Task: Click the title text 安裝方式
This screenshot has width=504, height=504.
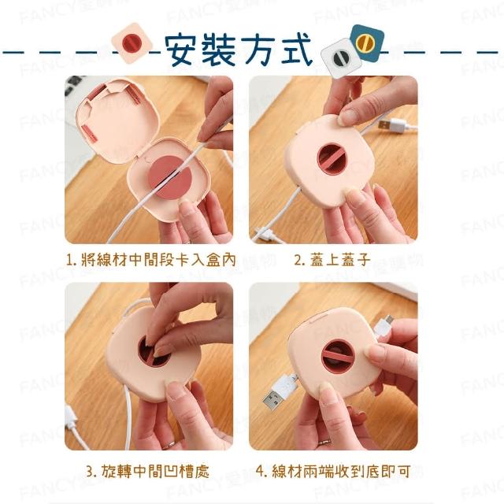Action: [238, 50]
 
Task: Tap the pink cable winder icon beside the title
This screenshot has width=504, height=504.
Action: [132, 43]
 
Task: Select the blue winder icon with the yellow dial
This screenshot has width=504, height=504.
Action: [367, 43]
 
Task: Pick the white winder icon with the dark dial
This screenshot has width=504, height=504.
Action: [341, 58]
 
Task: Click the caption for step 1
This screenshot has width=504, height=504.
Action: [150, 260]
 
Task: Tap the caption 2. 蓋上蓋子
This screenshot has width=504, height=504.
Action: [332, 260]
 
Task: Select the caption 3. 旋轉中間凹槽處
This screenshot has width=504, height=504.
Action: [148, 471]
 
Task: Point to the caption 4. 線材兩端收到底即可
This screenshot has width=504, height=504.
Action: [333, 471]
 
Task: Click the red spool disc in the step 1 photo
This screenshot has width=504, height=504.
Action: [170, 178]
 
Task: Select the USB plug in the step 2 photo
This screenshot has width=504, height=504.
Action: [394, 125]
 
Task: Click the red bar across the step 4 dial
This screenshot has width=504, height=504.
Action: [339, 357]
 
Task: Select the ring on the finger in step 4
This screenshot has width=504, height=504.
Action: [324, 442]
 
